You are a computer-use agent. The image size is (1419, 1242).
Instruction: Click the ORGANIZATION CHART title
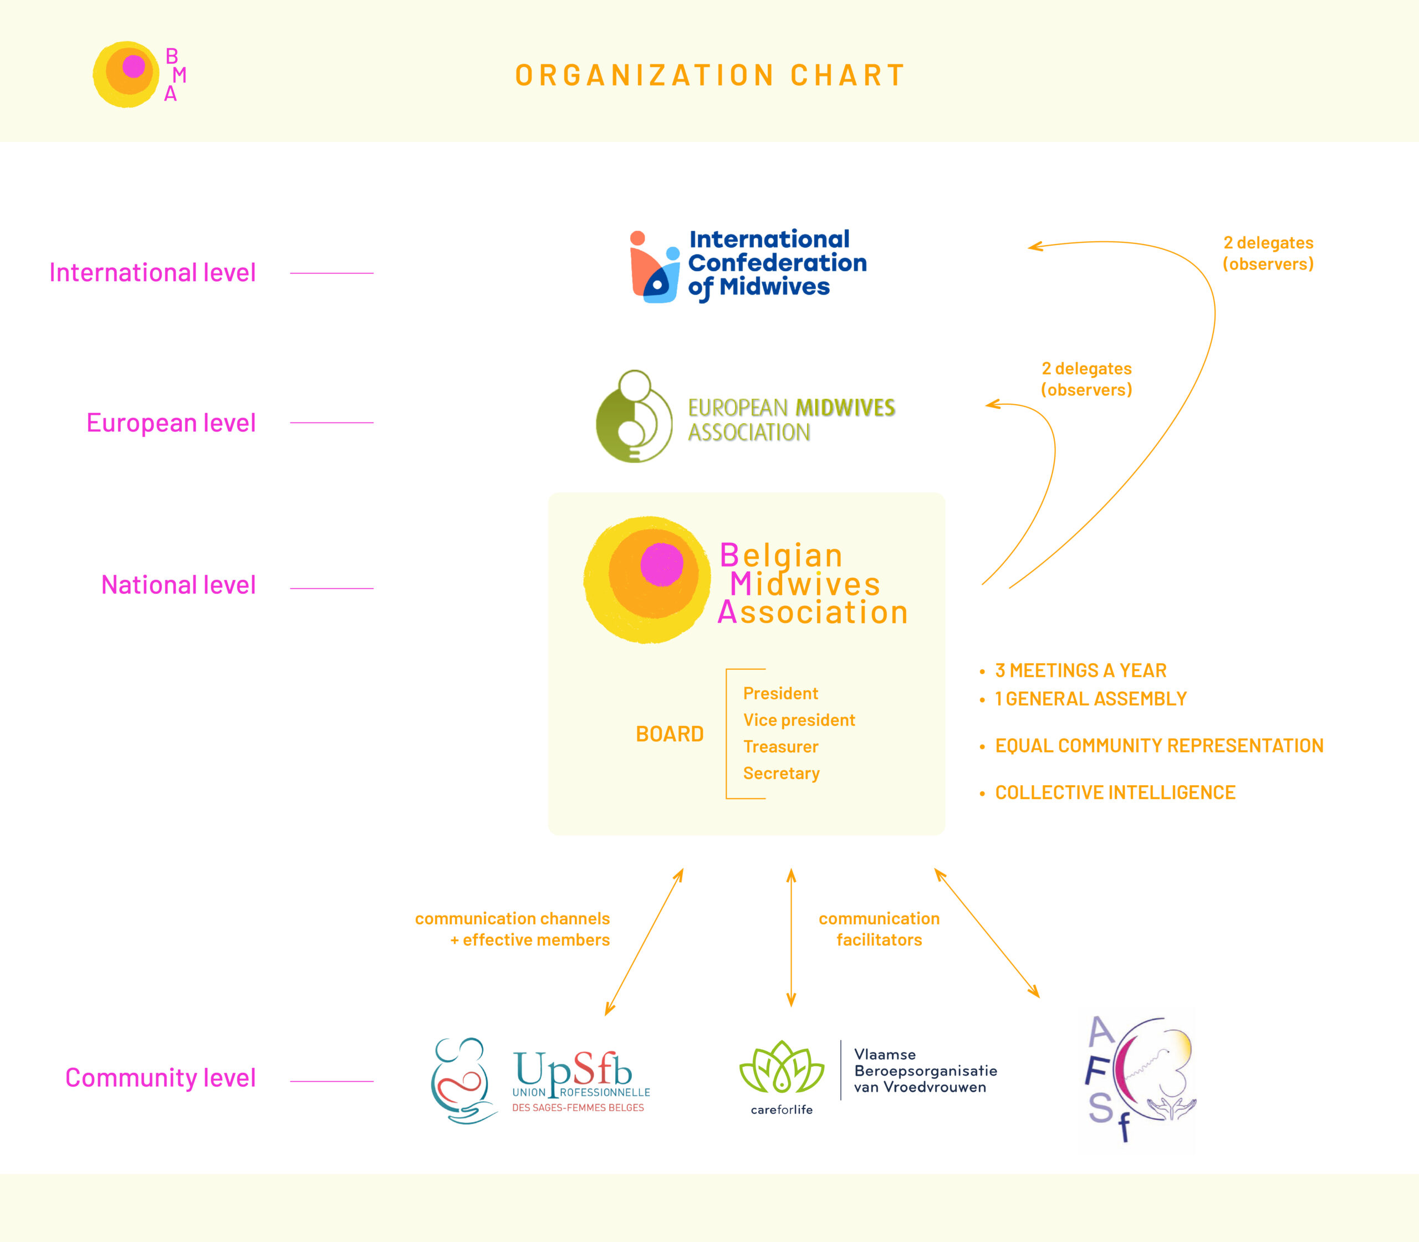click(710, 75)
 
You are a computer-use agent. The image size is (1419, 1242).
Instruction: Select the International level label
click(152, 272)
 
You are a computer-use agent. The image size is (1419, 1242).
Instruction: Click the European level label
click(171, 423)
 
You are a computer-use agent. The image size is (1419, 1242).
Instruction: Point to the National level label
click(178, 585)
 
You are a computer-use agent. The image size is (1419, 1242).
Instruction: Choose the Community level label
click(161, 1078)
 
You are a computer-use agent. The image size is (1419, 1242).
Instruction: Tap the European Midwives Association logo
click(746, 417)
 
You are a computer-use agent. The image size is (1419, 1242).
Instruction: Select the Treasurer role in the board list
click(781, 746)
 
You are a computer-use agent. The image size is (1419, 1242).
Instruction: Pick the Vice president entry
click(799, 720)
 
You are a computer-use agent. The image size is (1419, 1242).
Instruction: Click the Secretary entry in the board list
click(782, 773)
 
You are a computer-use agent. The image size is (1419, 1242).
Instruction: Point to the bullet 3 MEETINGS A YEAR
click(1080, 670)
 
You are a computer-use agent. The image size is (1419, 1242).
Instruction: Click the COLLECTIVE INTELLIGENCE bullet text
click(1115, 792)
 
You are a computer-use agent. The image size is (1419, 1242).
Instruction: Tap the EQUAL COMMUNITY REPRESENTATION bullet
click(1159, 746)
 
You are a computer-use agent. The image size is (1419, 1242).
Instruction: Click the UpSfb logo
click(540, 1081)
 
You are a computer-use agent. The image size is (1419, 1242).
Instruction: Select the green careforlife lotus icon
click(782, 1067)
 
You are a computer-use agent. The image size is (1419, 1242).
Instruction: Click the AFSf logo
click(1140, 1078)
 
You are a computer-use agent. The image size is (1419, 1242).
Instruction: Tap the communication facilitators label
click(879, 929)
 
